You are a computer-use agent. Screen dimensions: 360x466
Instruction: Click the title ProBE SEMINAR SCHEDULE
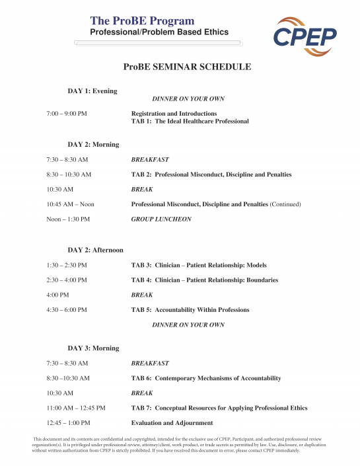click(187, 67)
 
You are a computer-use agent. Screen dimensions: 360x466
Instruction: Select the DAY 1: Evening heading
click(92, 91)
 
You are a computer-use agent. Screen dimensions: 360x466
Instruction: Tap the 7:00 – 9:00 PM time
click(67, 114)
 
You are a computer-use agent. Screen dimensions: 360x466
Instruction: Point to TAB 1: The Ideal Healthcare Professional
click(190, 122)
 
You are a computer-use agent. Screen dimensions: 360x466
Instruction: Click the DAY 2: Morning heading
click(93, 144)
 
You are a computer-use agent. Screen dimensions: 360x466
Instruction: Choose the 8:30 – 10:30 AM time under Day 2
click(69, 175)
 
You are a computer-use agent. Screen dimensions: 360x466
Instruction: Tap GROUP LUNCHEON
click(161, 219)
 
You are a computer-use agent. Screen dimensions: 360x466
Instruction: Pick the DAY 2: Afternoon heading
click(95, 250)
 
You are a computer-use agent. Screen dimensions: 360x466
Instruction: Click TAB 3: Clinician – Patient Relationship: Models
click(199, 265)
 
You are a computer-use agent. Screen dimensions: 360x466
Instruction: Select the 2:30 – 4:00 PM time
click(67, 280)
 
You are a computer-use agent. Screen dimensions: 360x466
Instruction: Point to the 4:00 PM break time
click(57, 295)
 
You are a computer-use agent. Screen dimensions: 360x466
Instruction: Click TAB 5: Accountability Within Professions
click(190, 310)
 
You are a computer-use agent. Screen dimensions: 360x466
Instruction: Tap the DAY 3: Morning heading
click(93, 348)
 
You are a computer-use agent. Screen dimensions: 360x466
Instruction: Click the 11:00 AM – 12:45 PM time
click(76, 408)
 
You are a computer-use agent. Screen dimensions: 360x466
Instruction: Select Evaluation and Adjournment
click(172, 423)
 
